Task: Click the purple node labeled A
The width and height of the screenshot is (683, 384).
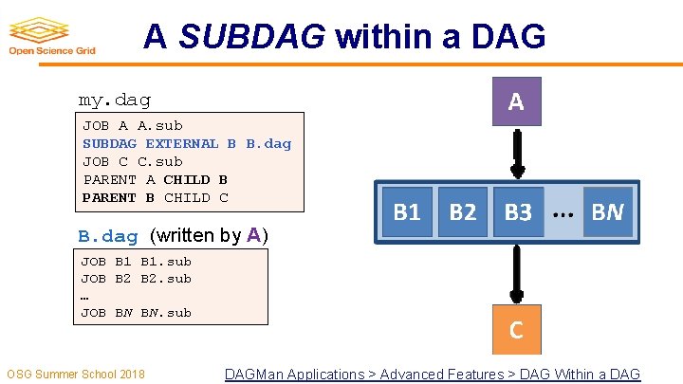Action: (516, 101)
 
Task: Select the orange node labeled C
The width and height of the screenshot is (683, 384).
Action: (516, 329)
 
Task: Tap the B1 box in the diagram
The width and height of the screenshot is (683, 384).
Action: (407, 212)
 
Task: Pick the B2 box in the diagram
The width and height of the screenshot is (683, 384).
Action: (463, 212)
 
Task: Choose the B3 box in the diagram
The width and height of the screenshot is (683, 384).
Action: (518, 212)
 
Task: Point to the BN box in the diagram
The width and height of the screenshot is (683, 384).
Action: (607, 212)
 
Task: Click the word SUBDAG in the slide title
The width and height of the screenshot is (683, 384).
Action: (251, 38)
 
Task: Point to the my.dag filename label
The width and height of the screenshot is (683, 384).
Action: (114, 100)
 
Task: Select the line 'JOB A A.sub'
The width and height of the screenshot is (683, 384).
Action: (133, 125)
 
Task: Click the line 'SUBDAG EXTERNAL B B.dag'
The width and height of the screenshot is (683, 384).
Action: (187, 143)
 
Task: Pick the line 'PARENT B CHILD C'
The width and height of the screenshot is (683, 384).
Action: (156, 197)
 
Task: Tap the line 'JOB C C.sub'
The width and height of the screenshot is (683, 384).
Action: (133, 161)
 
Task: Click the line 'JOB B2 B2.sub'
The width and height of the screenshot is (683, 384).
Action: (136, 278)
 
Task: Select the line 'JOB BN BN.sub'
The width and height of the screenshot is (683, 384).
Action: (136, 312)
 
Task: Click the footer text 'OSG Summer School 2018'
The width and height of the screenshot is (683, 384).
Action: (76, 375)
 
